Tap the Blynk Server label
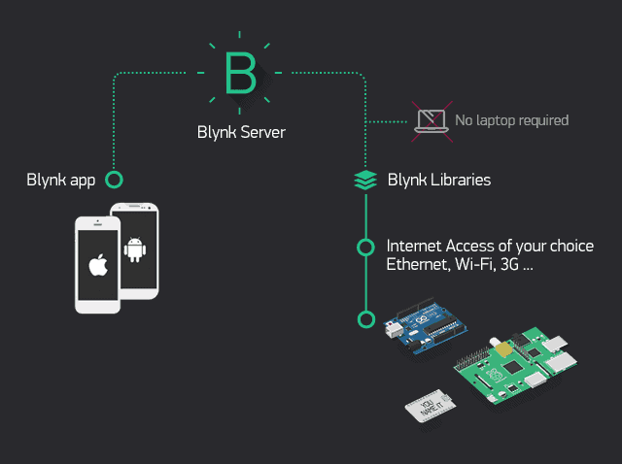pyautogui.click(x=240, y=132)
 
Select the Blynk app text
pyautogui.click(x=59, y=180)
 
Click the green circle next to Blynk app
pyautogui.click(x=114, y=180)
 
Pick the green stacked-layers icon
pyautogui.click(x=365, y=180)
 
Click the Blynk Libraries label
pyautogui.click(x=438, y=180)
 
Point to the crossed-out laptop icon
pyautogui.click(x=430, y=120)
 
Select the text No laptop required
pyautogui.click(x=511, y=120)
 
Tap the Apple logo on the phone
pyautogui.click(x=97, y=265)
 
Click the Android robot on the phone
pyautogui.click(x=135, y=250)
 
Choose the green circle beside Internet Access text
pyautogui.click(x=365, y=248)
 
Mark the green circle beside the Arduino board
pyautogui.click(x=365, y=318)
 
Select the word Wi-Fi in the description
pyautogui.click(x=472, y=265)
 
